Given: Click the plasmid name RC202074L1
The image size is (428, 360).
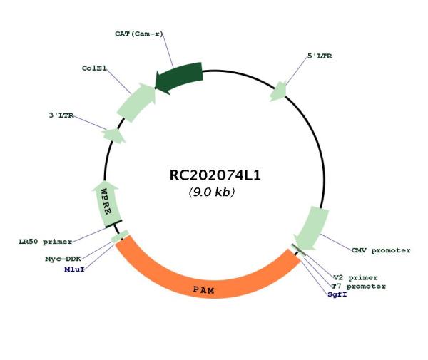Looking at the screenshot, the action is coord(215,175).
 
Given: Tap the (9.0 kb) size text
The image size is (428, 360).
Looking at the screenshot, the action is coord(212,192).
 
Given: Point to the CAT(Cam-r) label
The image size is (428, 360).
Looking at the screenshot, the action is coord(138,34).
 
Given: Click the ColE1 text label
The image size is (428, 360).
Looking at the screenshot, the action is coord(94,68).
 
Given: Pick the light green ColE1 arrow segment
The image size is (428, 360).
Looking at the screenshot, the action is coord(136,102).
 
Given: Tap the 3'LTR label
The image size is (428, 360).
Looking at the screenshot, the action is coord(61,115).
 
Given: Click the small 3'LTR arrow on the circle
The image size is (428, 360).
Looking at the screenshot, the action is coord(114,135).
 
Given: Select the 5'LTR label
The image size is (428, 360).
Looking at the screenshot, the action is coord(320,56).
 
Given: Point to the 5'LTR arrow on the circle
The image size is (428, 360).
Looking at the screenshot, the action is coord(278,91).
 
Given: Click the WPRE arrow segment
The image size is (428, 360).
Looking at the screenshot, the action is coord(107,204).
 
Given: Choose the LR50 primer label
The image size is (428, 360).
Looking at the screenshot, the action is coord(46,242).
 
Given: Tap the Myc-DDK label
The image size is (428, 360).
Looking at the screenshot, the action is coord(63,259).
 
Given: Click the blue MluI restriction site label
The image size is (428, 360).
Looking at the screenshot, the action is coord(74,269).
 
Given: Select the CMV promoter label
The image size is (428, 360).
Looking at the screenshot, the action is coord(381,250).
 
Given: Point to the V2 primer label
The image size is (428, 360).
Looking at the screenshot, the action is coord(356,277).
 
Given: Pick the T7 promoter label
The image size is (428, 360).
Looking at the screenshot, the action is coord(358,287).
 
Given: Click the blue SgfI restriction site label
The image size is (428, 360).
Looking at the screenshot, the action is coord(337,294).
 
